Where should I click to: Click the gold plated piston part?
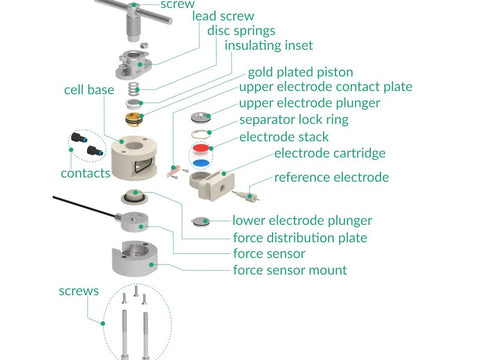click(134, 120)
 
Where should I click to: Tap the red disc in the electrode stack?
click(202, 149)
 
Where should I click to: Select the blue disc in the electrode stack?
click(201, 163)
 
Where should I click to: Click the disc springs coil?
click(133, 89)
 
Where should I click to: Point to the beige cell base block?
click(134, 157)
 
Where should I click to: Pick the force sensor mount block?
click(134, 258)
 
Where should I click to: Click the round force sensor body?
click(134, 221)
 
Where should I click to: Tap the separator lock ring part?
click(201, 134)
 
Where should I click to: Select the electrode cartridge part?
click(212, 185)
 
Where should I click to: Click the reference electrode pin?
click(246, 196)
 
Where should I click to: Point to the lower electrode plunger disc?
click(201, 221)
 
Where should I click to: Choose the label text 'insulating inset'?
click(269, 45)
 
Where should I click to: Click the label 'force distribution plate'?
click(300, 238)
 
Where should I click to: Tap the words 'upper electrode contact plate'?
click(326, 87)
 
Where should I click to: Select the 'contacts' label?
click(85, 173)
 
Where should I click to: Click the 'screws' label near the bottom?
click(79, 291)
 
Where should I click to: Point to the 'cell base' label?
click(89, 90)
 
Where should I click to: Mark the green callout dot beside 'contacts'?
click(71, 150)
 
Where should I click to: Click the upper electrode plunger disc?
click(201, 117)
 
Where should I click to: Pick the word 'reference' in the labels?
click(302, 177)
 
